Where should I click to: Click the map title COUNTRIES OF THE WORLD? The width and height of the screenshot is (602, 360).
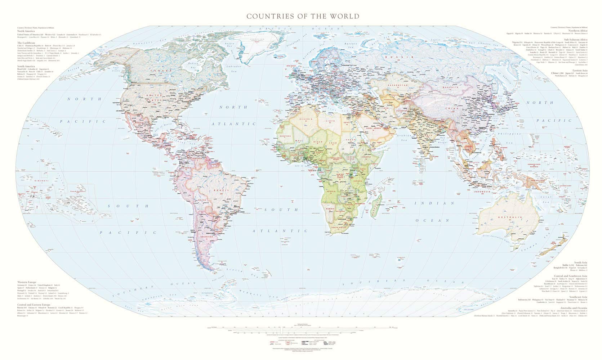click(303, 16)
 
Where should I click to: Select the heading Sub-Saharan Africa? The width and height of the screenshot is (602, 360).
click(575, 39)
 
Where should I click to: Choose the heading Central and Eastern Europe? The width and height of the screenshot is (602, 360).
click(35, 305)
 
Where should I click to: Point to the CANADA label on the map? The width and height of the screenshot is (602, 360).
click(160, 71)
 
